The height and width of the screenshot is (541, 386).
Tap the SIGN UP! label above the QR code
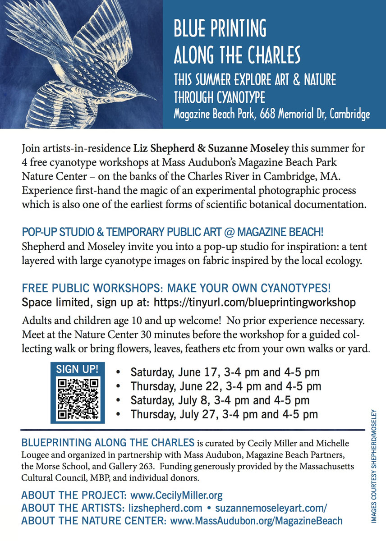click(x=77, y=369)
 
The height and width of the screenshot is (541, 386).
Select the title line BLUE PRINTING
click(x=220, y=29)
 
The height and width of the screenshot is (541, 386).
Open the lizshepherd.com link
click(x=163, y=508)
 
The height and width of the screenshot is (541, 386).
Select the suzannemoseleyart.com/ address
click(x=271, y=508)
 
